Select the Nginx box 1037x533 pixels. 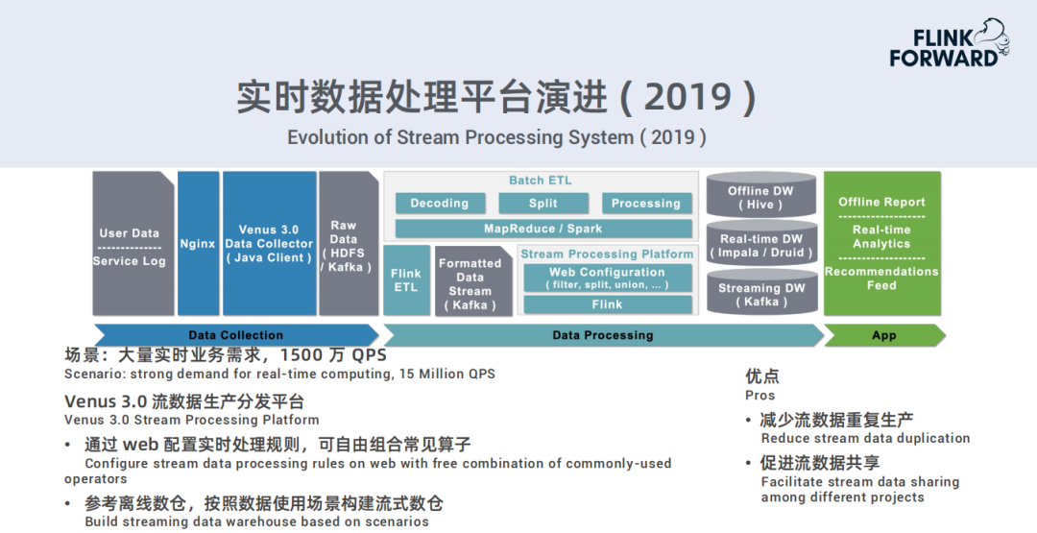pos(199,243)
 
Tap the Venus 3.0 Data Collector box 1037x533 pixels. pos(269,243)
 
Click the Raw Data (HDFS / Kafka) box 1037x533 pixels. pos(349,243)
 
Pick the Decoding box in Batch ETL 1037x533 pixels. pos(440,203)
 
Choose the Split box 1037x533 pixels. pos(543,203)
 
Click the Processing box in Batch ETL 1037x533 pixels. pos(646,203)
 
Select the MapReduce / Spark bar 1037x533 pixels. pos(543,229)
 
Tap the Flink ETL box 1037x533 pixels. pos(406,280)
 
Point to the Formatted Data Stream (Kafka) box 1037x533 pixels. pos(472,281)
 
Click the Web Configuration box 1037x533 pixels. pos(607,278)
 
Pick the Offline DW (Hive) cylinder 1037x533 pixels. pos(760,195)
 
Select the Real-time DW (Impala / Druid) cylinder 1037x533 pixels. pos(760,244)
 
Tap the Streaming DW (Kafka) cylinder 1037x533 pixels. pos(760,292)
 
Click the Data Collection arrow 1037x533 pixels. pos(236,335)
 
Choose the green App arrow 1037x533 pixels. pos(884,335)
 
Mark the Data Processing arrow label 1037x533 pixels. pos(602,335)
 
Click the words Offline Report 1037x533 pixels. pos(881,202)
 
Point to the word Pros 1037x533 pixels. pos(760,396)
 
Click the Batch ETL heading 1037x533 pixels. pos(541,181)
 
